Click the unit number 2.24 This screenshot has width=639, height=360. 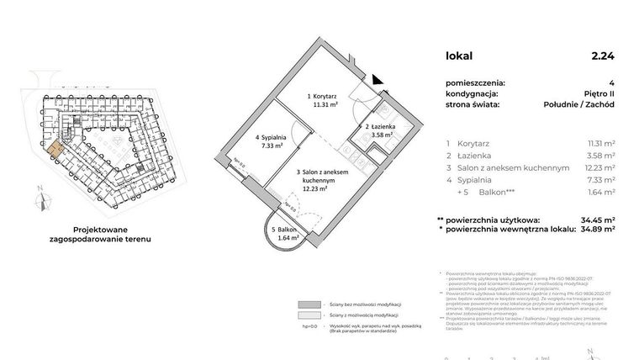(x=602, y=56)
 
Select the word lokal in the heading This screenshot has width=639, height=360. (x=460, y=56)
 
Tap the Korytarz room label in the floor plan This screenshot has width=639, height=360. (x=299, y=100)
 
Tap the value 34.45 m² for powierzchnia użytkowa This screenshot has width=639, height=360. (x=598, y=220)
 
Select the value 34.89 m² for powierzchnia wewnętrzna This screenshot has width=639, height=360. (x=598, y=229)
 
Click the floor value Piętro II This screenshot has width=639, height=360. (x=598, y=93)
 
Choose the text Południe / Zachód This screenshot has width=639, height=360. (x=579, y=104)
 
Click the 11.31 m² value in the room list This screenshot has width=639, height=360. (x=599, y=143)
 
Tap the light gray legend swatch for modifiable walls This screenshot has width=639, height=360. (x=309, y=315)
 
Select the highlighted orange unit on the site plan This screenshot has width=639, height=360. (x=53, y=148)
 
